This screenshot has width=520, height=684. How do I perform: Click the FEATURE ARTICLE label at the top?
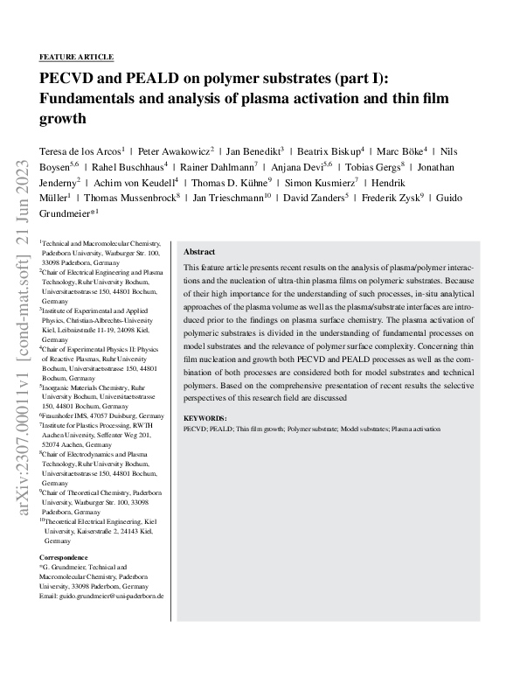pyautogui.click(x=77, y=57)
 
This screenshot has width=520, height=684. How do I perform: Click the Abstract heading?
pyautogui.click(x=199, y=251)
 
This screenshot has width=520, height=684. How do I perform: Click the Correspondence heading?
pyautogui.click(x=64, y=557)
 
